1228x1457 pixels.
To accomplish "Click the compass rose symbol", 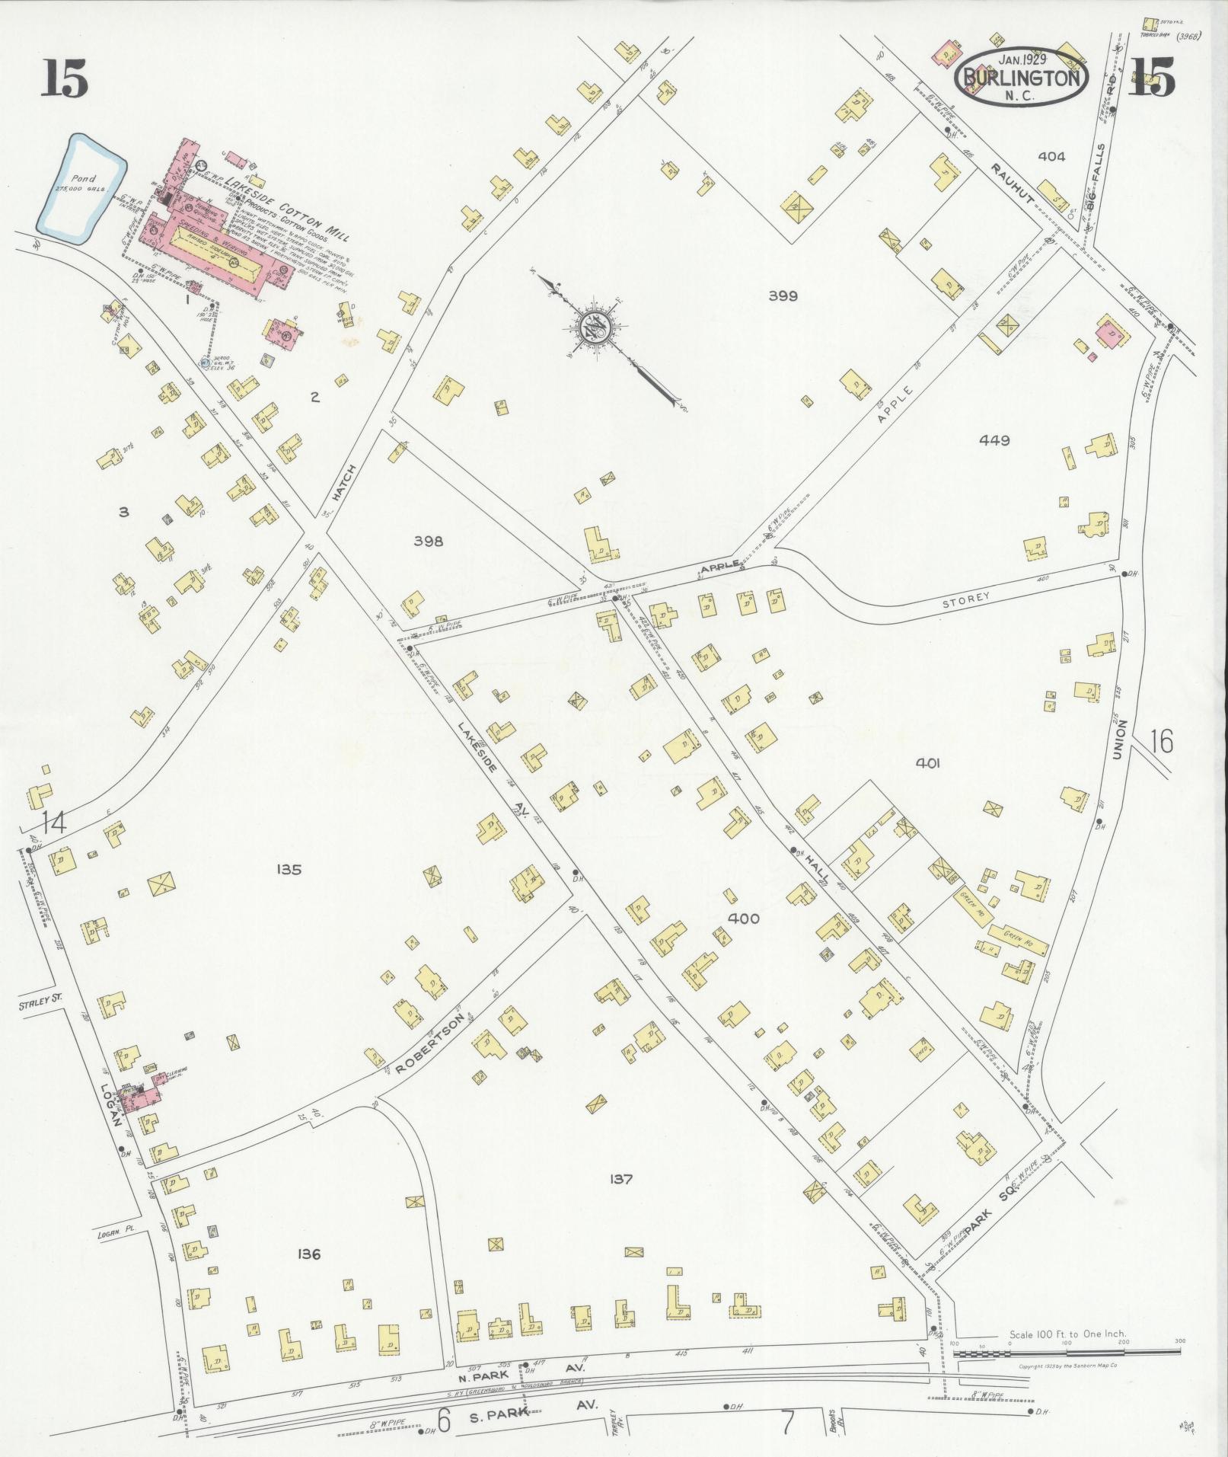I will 593,328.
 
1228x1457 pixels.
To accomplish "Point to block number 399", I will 783,296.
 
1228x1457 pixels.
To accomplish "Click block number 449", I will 995,440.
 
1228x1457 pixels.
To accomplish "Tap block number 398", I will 428,542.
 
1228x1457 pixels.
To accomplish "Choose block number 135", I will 289,869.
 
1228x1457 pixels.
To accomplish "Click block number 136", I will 309,1254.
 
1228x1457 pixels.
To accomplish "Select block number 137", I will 621,1179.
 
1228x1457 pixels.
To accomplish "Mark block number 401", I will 929,762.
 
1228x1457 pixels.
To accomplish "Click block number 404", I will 1051,157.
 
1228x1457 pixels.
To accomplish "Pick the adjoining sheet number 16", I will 1162,740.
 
